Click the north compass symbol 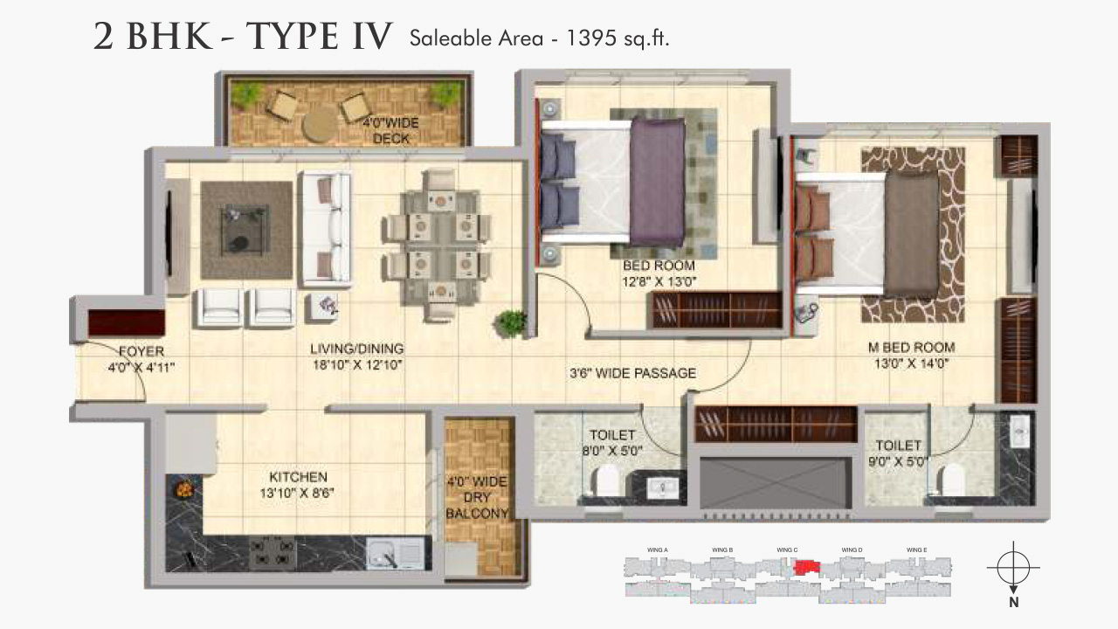point(1012,568)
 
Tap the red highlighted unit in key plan point(805,568)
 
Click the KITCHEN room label point(298,477)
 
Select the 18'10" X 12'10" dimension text point(356,365)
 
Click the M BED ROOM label point(911,347)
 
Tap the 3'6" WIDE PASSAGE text point(632,373)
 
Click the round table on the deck point(319,125)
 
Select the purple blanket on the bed point(657,182)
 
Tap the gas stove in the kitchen point(271,551)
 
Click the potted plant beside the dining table point(510,322)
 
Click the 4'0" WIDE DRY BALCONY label point(477,498)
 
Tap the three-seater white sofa point(327,229)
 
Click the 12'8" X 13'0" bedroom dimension point(659,281)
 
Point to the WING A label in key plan point(658,550)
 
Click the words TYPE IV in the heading point(319,38)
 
